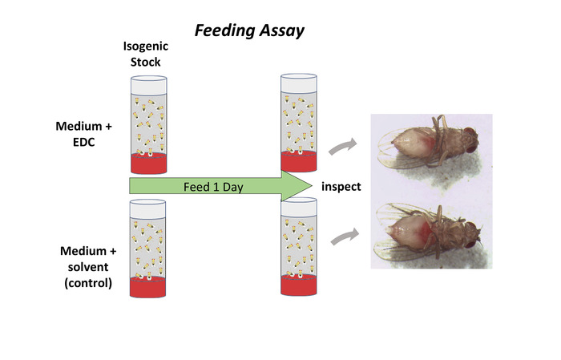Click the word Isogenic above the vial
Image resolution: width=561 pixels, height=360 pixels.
point(148,47)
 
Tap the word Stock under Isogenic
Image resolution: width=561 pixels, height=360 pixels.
point(148,61)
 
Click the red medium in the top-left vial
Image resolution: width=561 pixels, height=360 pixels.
point(148,165)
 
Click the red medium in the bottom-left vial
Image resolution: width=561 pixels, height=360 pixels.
point(148,286)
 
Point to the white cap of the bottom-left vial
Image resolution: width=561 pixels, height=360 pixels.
point(148,206)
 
